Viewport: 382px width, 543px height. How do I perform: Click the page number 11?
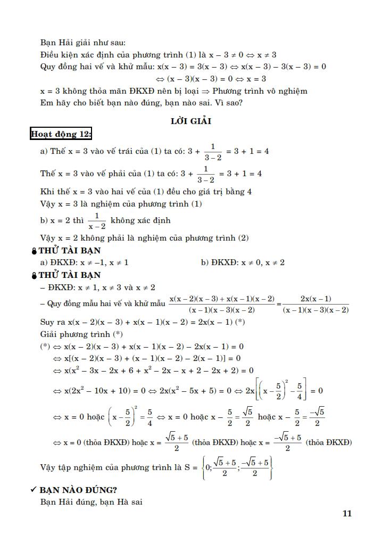coord(347,514)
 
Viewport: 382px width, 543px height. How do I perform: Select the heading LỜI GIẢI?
coord(191,121)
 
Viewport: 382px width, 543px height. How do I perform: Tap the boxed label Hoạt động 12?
coord(61,134)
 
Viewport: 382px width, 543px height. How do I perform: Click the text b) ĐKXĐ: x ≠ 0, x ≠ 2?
coord(243,262)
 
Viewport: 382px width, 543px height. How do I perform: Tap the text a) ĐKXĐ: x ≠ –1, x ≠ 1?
coord(85,262)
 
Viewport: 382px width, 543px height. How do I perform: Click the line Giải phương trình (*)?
coord(81,334)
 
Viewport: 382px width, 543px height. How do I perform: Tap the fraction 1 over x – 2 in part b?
coord(97,220)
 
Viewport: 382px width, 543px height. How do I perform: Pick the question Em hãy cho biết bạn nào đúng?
coord(141,102)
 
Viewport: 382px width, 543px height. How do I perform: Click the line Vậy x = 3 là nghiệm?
coord(121,204)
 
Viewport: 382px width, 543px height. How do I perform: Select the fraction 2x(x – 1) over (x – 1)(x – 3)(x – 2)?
coord(315,305)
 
